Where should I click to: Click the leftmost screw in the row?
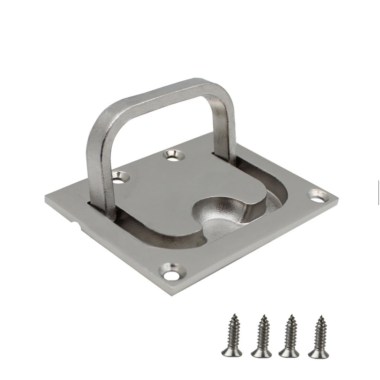232,336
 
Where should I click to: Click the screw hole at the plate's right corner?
318,196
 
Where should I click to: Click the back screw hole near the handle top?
174,154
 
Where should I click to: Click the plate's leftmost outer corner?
46,197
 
